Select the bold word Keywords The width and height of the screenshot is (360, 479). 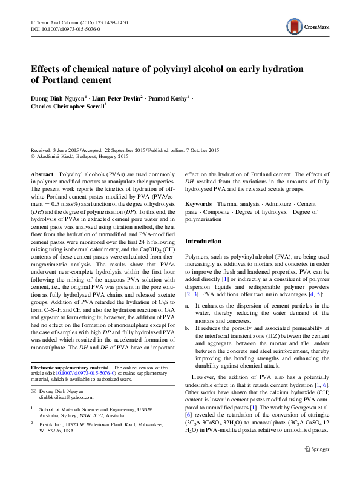[198, 205]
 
